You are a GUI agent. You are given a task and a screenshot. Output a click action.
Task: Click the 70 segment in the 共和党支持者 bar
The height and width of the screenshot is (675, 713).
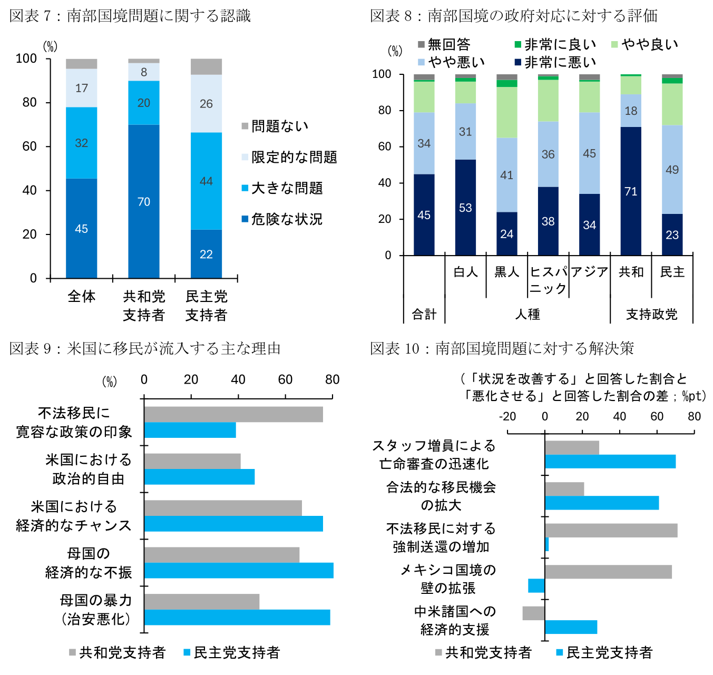tap(143, 201)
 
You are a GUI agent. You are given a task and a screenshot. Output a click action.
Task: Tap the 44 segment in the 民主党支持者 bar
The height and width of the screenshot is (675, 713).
tap(206, 181)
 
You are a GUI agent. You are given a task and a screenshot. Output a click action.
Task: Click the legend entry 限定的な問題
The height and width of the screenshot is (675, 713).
tap(289, 157)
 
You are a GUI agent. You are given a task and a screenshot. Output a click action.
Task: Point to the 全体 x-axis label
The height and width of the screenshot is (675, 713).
tap(82, 297)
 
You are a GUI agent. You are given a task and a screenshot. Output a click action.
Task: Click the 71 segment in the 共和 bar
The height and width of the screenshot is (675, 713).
tap(631, 191)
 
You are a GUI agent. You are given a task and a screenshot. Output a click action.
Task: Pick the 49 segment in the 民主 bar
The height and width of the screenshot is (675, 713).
tap(672, 169)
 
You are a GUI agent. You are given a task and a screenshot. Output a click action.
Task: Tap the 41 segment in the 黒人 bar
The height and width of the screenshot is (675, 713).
tap(506, 174)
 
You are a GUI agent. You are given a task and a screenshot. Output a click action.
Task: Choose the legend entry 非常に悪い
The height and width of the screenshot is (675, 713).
tap(556, 62)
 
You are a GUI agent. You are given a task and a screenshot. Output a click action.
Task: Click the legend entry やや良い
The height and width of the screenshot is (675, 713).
tap(645, 45)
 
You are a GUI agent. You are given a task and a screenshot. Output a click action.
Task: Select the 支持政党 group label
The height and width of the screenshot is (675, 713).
tap(651, 315)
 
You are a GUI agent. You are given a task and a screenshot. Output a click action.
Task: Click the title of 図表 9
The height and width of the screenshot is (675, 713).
tap(145, 348)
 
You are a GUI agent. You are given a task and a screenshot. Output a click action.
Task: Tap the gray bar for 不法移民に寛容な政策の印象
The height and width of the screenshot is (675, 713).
tap(233, 414)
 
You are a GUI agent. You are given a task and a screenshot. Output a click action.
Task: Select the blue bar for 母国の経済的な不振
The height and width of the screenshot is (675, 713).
tap(239, 571)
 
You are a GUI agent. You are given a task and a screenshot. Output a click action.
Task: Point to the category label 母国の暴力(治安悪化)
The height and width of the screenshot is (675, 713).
tap(95, 610)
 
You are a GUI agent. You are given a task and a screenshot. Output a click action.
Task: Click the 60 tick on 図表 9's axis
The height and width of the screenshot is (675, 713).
tap(285, 380)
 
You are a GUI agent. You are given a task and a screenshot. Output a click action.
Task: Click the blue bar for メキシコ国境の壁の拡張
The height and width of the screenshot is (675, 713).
tap(536, 585)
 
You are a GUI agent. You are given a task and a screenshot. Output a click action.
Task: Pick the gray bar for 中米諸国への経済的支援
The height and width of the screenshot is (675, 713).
tap(533, 613)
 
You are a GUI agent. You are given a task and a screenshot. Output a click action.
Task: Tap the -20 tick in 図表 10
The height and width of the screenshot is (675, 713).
tap(507, 417)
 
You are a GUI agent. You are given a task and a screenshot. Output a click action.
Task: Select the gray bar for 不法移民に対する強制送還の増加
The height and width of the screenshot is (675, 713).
tap(611, 530)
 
